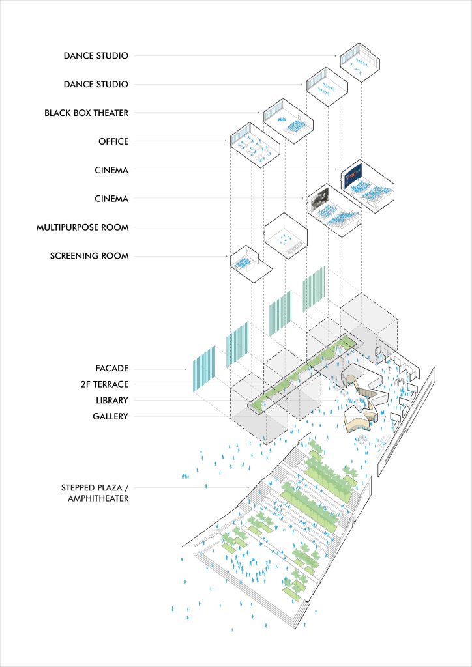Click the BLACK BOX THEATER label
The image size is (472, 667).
(x=87, y=113)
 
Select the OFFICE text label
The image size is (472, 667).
(x=113, y=141)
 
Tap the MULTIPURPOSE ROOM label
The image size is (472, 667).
(x=82, y=227)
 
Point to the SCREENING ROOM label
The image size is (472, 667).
(x=89, y=256)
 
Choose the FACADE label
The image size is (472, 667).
(x=112, y=369)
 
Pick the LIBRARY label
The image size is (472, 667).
(x=112, y=401)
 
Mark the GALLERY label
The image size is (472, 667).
(x=111, y=416)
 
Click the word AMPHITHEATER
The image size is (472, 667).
(x=98, y=498)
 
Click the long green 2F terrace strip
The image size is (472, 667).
(x=303, y=373)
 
